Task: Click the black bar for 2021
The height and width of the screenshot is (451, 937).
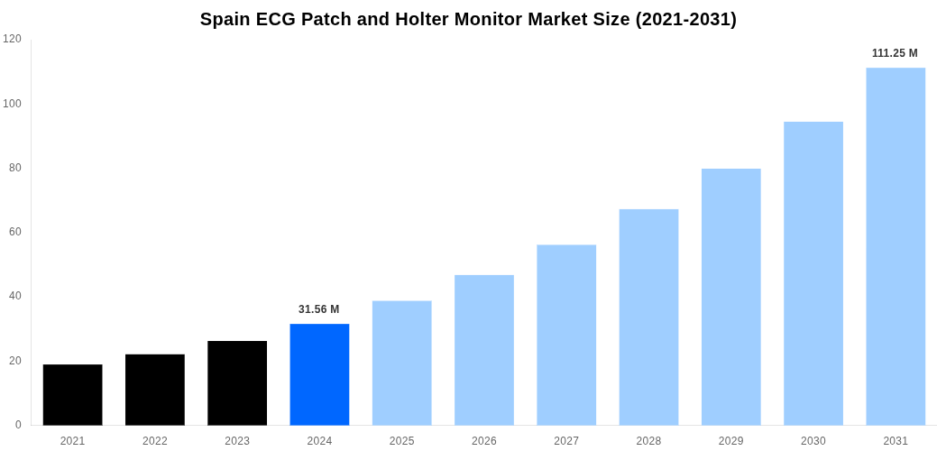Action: click(72, 395)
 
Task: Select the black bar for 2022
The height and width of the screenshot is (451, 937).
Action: click(155, 390)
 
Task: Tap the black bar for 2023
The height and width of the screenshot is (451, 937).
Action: click(237, 383)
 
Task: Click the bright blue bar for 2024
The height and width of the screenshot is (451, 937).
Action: click(319, 374)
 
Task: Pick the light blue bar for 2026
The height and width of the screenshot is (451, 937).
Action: click(484, 350)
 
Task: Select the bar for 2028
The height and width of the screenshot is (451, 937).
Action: click(648, 318)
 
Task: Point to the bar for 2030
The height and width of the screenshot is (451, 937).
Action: click(813, 273)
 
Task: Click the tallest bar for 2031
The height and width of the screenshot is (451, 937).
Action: click(896, 246)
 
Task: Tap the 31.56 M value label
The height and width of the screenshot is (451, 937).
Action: click(319, 309)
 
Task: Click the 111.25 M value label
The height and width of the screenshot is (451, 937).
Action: click(895, 53)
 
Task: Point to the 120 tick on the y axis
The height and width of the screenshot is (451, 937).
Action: click(12, 39)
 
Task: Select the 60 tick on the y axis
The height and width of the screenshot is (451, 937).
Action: click(15, 232)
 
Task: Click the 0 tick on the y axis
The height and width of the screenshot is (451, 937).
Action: click(18, 425)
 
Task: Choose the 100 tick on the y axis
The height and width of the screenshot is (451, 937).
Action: click(12, 104)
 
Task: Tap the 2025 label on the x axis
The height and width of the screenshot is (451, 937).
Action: click(401, 441)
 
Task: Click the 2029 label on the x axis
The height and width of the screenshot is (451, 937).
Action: click(731, 441)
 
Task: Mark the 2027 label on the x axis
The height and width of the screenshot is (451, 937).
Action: click(566, 441)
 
